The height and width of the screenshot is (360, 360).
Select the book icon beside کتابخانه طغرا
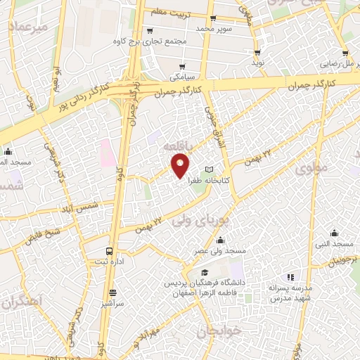tap(209, 169)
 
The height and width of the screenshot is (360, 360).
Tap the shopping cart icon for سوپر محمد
tap(213, 19)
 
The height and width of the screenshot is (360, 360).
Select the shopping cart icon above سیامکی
tap(176, 61)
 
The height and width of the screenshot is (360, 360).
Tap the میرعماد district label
tap(28, 27)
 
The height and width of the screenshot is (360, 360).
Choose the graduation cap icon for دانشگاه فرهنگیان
tap(204, 272)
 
